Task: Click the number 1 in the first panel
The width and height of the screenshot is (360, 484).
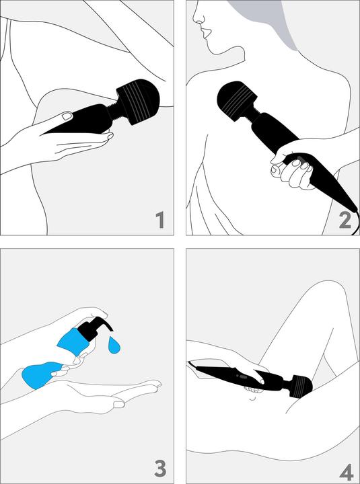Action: pos(159,218)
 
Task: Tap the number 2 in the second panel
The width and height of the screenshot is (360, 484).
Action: pos(345,218)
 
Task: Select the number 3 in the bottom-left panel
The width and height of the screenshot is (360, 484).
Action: pos(159,466)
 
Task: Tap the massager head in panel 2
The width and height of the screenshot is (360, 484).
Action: pos(239,102)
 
